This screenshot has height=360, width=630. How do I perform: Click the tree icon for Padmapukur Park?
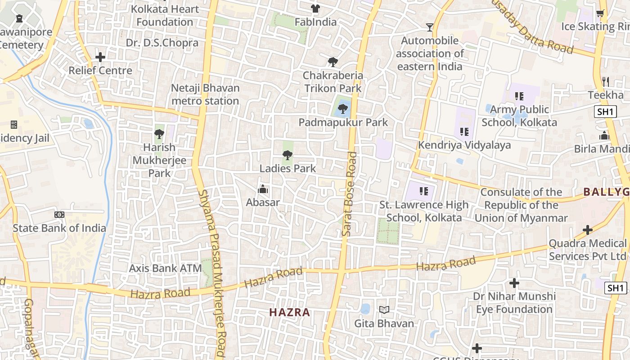click(343, 108)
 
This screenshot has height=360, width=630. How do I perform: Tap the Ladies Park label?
click(288, 169)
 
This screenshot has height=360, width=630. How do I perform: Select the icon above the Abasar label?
click(263, 189)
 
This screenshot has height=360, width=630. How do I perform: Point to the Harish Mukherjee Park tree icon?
click(159, 134)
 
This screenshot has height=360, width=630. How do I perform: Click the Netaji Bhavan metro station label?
click(205, 94)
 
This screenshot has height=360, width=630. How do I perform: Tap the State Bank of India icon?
click(59, 215)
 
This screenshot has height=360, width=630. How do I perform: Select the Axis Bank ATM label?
click(165, 268)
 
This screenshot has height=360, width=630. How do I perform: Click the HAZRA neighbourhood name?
click(290, 312)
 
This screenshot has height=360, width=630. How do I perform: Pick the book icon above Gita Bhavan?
click(384, 310)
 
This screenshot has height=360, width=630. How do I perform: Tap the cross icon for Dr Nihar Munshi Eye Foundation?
click(514, 283)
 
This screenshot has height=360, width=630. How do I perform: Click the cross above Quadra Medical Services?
click(587, 230)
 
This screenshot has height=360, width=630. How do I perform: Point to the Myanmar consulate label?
click(521, 205)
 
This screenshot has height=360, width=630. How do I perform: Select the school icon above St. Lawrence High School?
click(423, 191)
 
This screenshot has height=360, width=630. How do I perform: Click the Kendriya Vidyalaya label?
click(464, 145)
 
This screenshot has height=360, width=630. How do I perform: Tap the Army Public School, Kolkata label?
click(519, 116)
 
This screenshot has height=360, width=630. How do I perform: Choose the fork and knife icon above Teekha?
click(606, 82)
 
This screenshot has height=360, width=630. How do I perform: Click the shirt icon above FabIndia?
click(315, 9)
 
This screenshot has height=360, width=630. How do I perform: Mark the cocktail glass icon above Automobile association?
click(430, 27)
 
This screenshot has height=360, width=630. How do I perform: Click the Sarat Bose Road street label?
click(349, 193)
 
